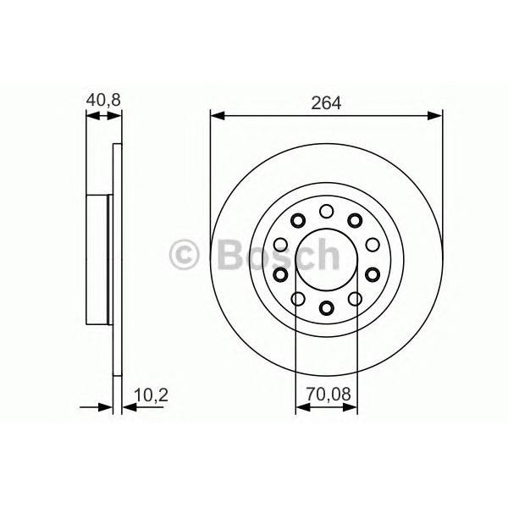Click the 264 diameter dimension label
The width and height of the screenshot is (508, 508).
326,103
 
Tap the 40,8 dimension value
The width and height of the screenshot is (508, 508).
103,100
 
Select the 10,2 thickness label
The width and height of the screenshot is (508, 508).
151,395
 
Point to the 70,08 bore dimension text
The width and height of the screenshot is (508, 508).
329,395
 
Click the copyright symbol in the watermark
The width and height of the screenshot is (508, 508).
184,255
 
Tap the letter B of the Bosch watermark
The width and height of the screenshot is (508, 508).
231,255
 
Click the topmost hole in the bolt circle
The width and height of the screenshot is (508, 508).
326,211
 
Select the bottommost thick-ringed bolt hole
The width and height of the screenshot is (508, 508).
326,307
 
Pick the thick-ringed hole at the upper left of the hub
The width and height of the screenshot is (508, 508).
298,221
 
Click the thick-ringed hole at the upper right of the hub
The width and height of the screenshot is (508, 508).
355,221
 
